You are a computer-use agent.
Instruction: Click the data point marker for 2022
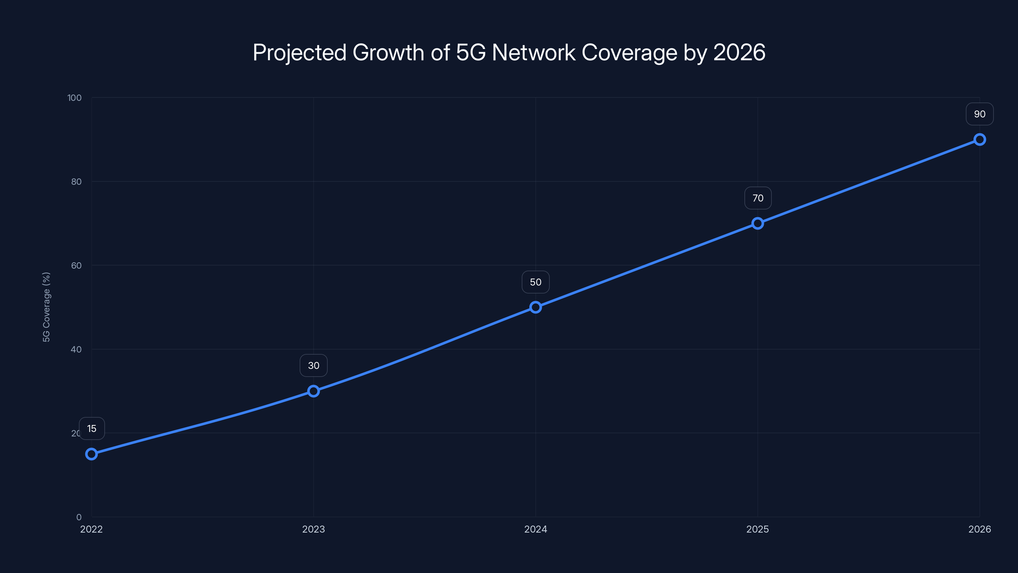91,454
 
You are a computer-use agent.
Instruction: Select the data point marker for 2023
313,391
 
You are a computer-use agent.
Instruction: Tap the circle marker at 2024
535,307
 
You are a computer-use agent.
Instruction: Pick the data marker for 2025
757,223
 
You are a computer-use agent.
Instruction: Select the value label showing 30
313,365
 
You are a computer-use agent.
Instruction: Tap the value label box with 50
535,282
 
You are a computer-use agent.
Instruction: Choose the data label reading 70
757,198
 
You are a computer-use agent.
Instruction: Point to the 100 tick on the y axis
74,98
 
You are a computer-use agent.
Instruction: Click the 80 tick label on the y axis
76,181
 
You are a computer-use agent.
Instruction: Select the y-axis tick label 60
76,265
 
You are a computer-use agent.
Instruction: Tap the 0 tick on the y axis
79,517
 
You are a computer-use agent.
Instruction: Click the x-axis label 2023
313,529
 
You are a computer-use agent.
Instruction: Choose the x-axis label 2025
757,529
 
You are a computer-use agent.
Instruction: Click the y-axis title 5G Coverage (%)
46,307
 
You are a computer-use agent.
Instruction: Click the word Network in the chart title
533,53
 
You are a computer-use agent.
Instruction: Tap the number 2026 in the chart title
739,53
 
